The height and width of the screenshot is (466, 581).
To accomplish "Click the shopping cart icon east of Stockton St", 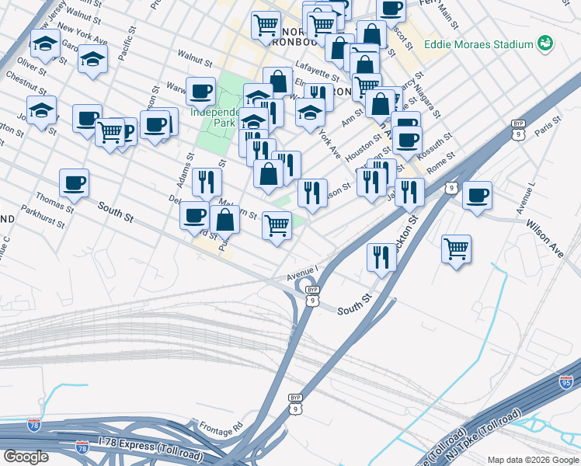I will [456, 249].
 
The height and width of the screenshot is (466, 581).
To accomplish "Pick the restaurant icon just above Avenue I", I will [381, 257].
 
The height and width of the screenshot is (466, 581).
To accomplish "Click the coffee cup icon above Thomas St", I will [75, 183].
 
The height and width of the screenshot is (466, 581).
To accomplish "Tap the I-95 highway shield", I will [566, 381].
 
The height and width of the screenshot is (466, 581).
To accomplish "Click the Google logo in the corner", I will [26, 456].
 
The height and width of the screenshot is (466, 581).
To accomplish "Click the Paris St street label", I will [552, 123].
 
